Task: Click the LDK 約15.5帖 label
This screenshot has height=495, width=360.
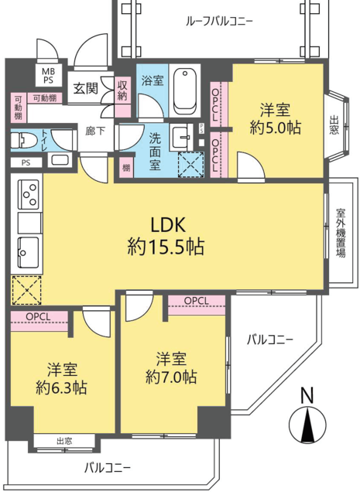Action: pyautogui.click(x=166, y=237)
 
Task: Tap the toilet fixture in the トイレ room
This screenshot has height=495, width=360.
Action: pyautogui.click(x=22, y=140)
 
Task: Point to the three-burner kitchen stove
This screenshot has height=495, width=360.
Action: pyautogui.click(x=29, y=194)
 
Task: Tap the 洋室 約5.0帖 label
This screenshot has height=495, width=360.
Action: pyautogui.click(x=275, y=119)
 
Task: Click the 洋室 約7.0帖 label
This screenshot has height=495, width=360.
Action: pyautogui.click(x=171, y=368)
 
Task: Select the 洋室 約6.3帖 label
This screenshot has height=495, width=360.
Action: pyautogui.click(x=61, y=378)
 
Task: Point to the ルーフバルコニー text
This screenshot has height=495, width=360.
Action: pyautogui.click(x=219, y=22)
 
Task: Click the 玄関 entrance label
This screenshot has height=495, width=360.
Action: pyautogui.click(x=86, y=89)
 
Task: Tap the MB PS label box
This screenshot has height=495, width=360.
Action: pyautogui.click(x=49, y=76)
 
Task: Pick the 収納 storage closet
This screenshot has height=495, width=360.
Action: pyautogui.click(x=122, y=97)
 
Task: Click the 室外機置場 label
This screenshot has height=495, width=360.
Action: pyautogui.click(x=341, y=232)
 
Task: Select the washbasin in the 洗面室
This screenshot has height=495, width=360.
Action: pyautogui.click(x=181, y=137)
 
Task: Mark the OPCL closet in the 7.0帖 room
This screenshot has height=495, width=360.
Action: pyautogui.click(x=197, y=305)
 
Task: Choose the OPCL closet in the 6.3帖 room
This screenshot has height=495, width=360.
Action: pyautogui.click(x=39, y=321)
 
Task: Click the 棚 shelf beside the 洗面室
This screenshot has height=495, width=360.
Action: pyautogui.click(x=126, y=167)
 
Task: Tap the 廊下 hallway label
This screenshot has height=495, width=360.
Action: pyautogui.click(x=95, y=131)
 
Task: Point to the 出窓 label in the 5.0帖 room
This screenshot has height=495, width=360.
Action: pyautogui.click(x=334, y=125)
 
